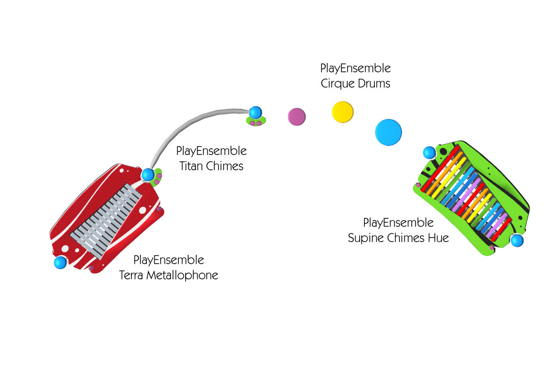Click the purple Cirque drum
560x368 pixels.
[x=297, y=117]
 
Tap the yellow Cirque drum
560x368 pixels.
[x=342, y=112]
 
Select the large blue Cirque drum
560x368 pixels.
[x=389, y=132]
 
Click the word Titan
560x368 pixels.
[x=191, y=166]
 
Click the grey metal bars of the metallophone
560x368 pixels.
[x=106, y=221]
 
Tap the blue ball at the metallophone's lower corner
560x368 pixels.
[x=60, y=263]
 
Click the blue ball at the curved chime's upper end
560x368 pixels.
[x=255, y=112]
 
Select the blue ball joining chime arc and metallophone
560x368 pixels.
[x=148, y=175]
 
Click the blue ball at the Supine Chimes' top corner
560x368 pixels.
[x=430, y=153]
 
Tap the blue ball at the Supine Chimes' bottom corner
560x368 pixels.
[x=517, y=240]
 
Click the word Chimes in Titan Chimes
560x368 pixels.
[x=224, y=166]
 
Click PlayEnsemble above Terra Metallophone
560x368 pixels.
[x=168, y=260]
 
